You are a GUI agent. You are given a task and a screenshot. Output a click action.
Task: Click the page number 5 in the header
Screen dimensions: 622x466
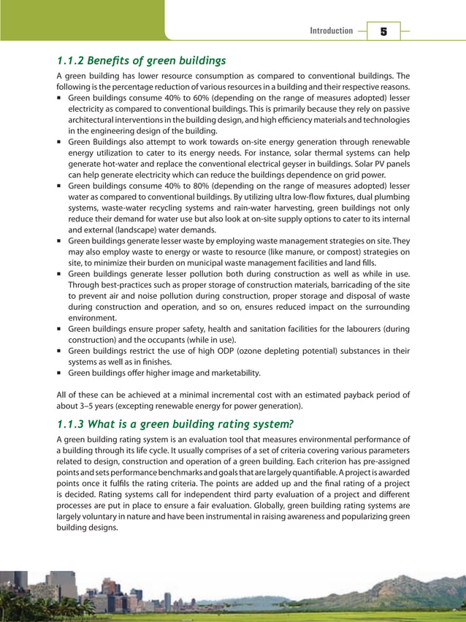click(x=383, y=31)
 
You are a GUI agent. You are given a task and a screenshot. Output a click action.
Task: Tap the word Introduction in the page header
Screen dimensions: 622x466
click(x=331, y=31)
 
